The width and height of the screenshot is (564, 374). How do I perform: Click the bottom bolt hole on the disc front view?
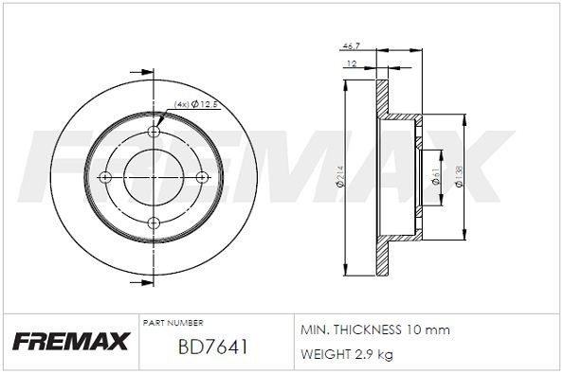152,223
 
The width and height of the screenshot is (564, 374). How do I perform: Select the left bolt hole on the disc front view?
107,178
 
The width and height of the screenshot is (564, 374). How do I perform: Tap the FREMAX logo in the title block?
69,342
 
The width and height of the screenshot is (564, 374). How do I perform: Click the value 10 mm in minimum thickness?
431,330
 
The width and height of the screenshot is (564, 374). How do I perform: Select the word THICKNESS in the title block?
371,330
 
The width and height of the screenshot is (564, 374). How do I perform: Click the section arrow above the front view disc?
145,69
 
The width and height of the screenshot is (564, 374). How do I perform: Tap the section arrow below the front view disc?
145,283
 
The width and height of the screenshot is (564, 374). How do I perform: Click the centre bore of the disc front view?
152,178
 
